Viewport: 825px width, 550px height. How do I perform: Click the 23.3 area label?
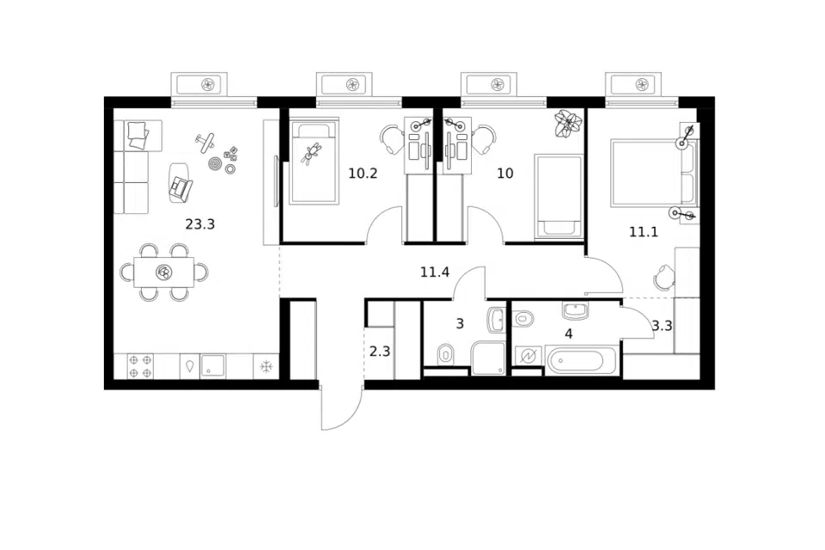point(200,225)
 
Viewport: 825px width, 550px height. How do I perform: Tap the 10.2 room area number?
point(363,173)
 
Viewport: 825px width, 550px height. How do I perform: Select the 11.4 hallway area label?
point(435,272)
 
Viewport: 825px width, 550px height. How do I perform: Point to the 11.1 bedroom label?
point(644,231)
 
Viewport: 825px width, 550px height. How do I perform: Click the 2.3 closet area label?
point(379,351)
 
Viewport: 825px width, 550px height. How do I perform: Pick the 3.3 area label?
point(662,326)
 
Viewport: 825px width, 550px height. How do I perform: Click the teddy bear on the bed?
point(311,153)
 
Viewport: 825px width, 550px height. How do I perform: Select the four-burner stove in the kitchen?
point(140,366)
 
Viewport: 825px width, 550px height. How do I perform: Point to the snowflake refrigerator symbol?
point(266,366)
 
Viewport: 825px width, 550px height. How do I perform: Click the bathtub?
point(582,361)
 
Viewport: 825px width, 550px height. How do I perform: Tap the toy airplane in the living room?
point(205,142)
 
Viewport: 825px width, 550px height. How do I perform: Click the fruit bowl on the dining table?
point(164,272)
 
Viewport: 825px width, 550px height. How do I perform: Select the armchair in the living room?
point(180,182)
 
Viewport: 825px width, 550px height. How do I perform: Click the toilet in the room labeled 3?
point(445,355)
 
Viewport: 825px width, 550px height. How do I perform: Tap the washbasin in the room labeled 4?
point(578,310)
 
